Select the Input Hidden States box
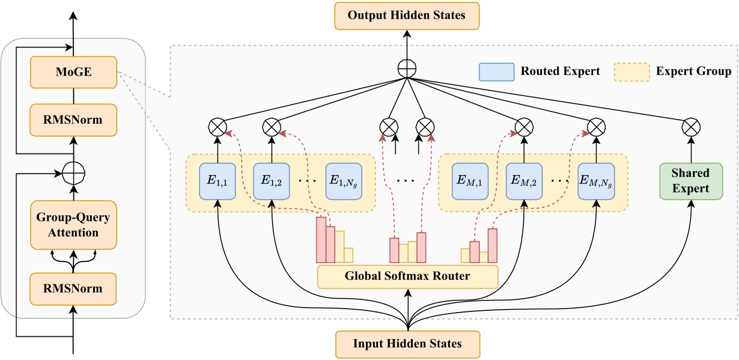coord(407,344)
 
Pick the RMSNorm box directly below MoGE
coord(73,120)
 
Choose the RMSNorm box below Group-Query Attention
coord(73,289)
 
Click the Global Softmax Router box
coord(407,276)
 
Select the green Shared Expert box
coord(690,181)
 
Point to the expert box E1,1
coord(219,181)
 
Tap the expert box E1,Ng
coord(344,181)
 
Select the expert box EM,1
coord(470,181)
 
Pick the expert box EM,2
coord(524,181)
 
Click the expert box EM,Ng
coord(596,181)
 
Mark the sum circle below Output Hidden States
coord(407,70)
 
